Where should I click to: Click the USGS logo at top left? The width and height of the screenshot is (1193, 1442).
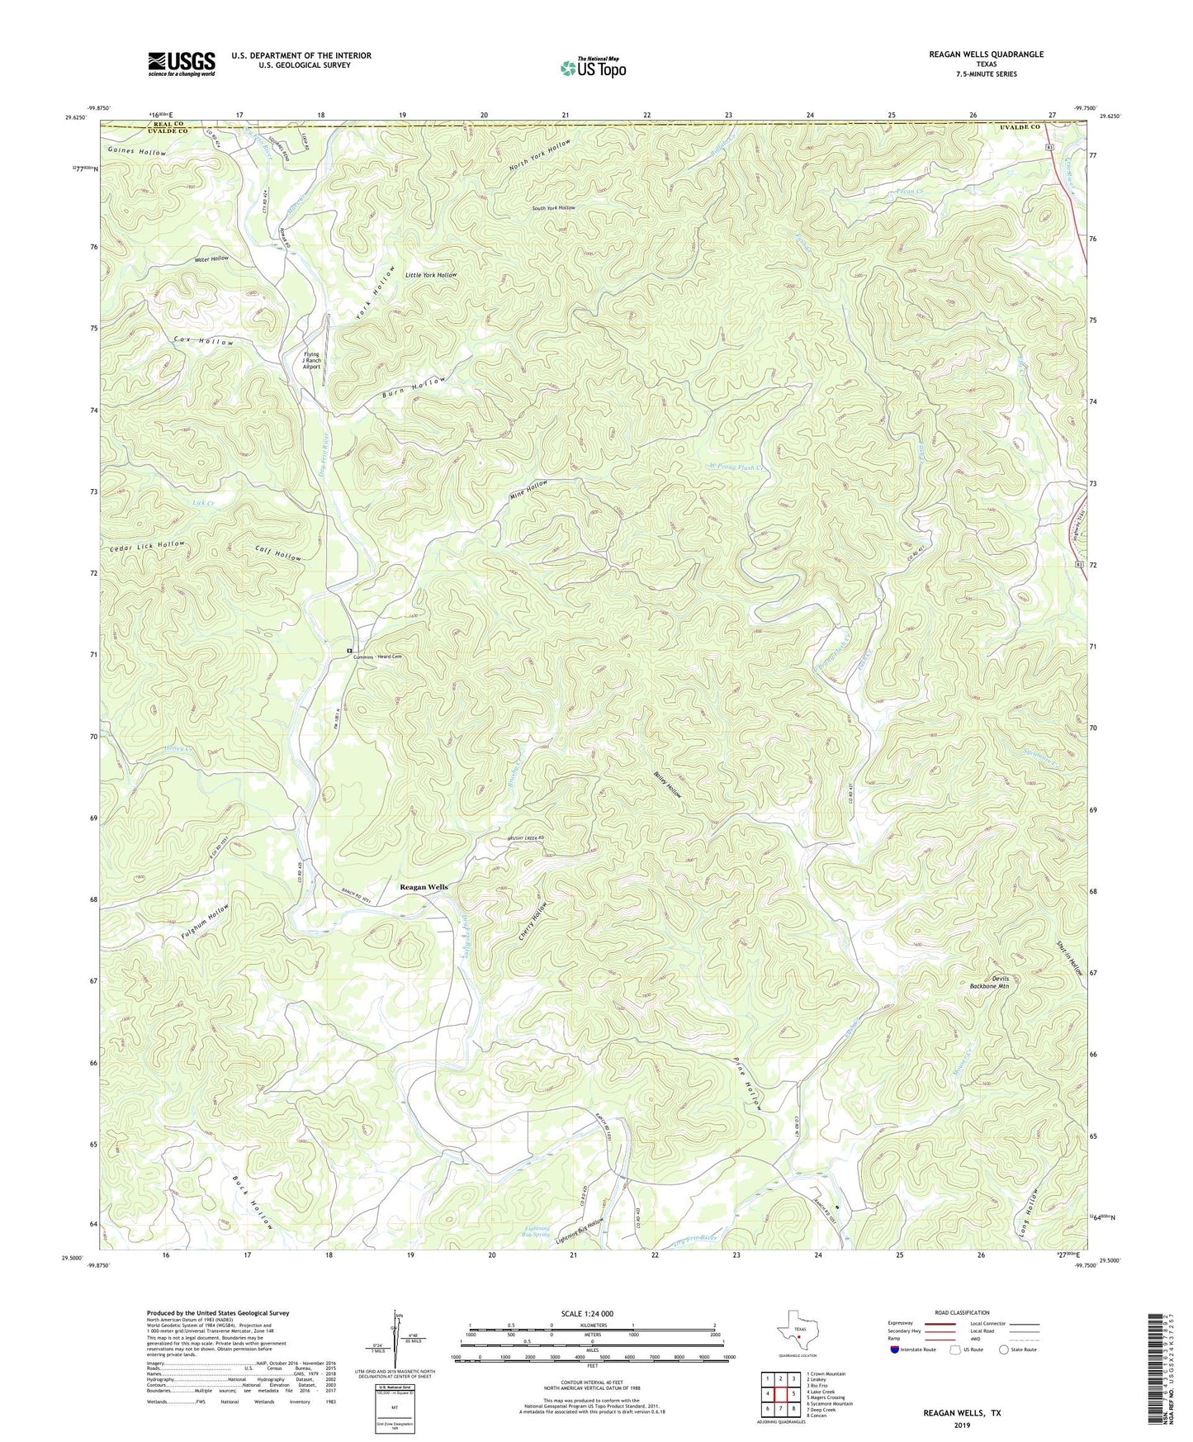coord(182,64)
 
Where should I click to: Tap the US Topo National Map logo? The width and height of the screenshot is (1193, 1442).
coord(593,68)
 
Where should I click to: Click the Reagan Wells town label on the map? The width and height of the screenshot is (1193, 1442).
coord(424,887)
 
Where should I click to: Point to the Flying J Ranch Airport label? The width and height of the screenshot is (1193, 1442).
coord(312,360)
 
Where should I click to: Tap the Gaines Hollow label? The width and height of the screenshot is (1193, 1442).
coord(136,152)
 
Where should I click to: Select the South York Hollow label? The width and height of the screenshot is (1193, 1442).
coord(553,208)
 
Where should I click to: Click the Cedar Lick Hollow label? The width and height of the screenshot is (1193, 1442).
coord(147,545)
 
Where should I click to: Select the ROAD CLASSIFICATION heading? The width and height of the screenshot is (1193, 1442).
coord(962,1312)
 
